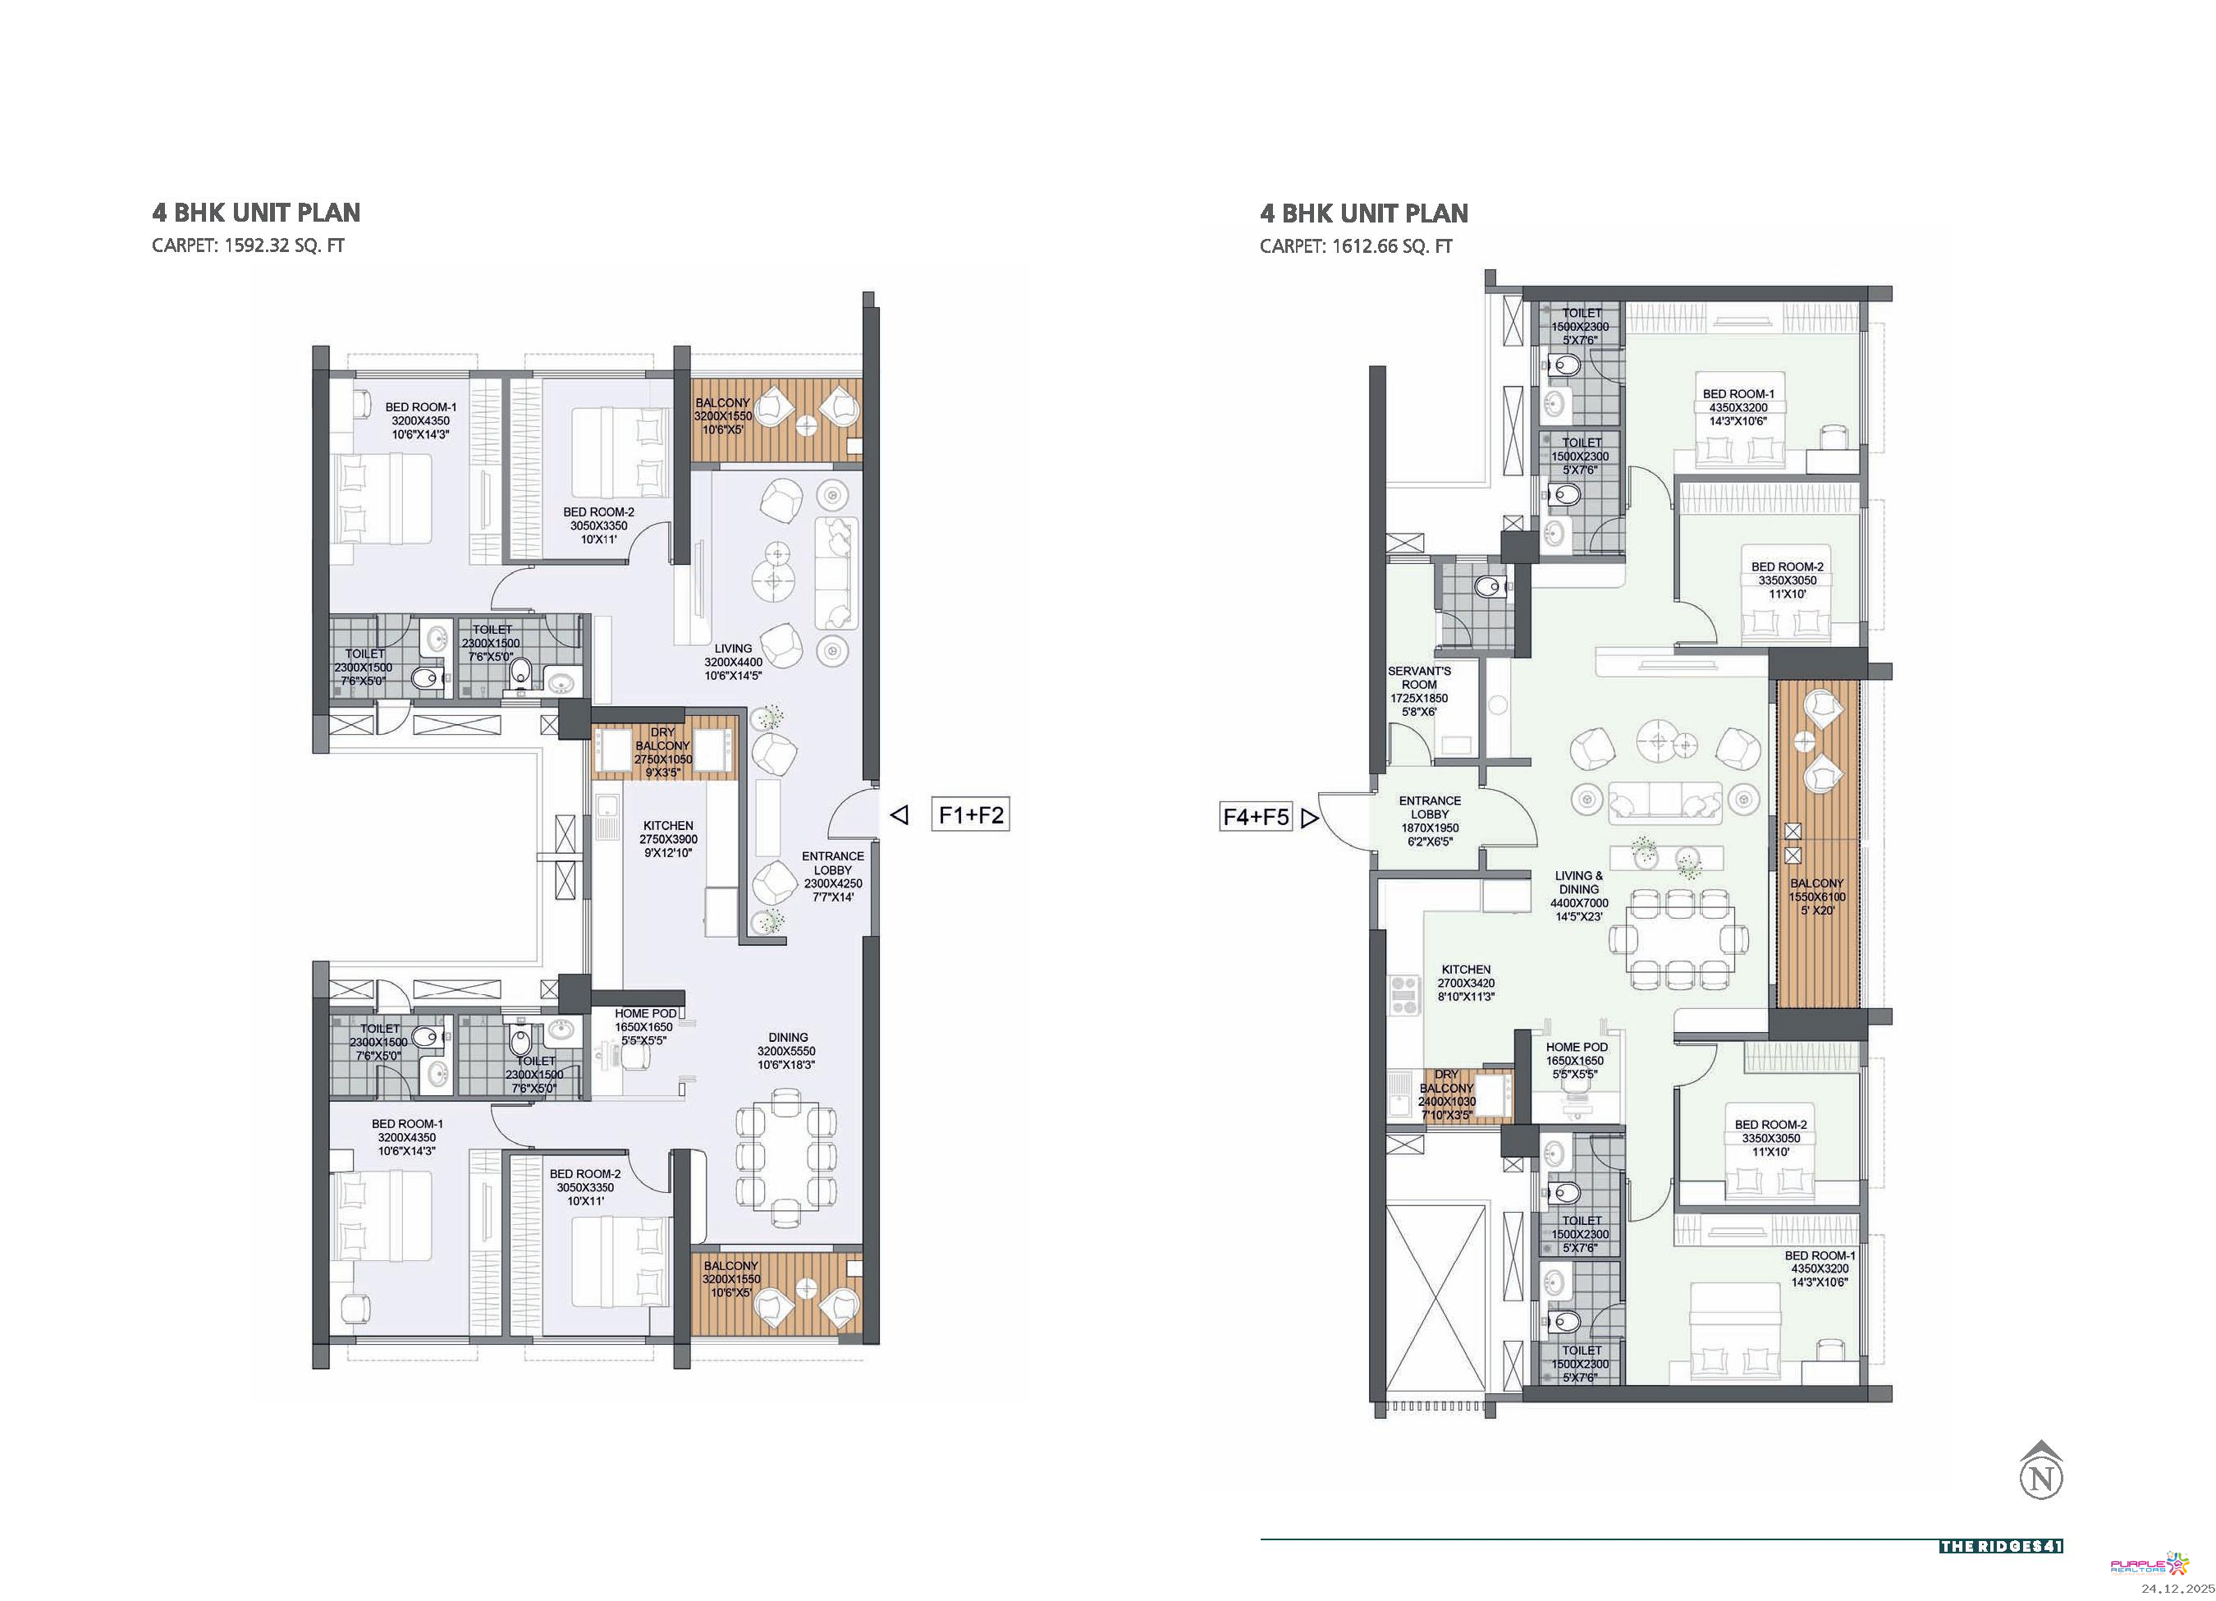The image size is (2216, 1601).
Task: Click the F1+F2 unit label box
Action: (x=970, y=814)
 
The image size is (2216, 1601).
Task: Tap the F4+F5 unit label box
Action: (x=1256, y=816)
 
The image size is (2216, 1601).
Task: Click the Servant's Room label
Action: (x=1420, y=692)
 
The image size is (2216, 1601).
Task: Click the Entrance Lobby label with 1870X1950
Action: (x=1430, y=821)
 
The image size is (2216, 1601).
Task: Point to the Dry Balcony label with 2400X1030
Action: (x=1446, y=1094)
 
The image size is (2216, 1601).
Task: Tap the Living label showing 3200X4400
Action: (x=733, y=662)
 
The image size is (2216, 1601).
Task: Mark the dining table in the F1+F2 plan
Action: (x=786, y=1158)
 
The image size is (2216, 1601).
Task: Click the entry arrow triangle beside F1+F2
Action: (x=900, y=814)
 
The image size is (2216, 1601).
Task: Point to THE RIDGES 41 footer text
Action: (x=2001, y=1546)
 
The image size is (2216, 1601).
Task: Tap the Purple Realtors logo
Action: (x=2150, y=1564)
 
